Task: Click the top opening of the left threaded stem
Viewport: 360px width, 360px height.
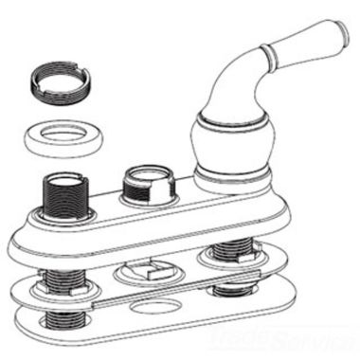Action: pos(63,180)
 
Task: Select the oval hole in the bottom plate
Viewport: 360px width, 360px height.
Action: pos(151,308)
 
